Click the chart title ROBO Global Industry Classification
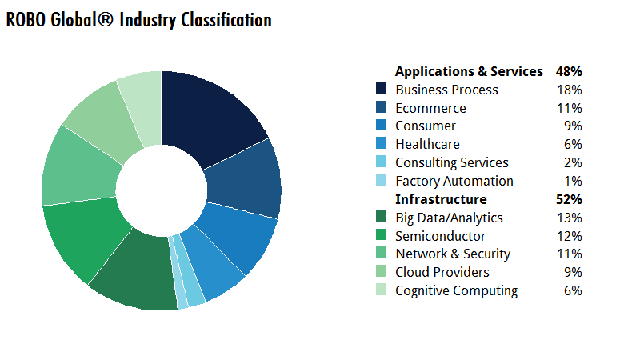pyautogui.click(x=138, y=21)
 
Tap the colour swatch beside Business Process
pyautogui.click(x=382, y=90)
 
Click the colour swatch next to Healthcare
pyautogui.click(x=382, y=144)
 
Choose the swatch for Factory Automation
pyautogui.click(x=382, y=181)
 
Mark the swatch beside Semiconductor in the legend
pyautogui.click(x=382, y=236)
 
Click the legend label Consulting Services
pyautogui.click(x=452, y=162)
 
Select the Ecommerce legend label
pyautogui.click(x=430, y=108)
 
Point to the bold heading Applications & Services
pyautogui.click(x=469, y=71)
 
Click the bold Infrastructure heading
pyautogui.click(x=441, y=199)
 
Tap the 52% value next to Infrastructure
pyautogui.click(x=569, y=199)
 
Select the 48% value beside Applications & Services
pyautogui.click(x=569, y=71)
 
